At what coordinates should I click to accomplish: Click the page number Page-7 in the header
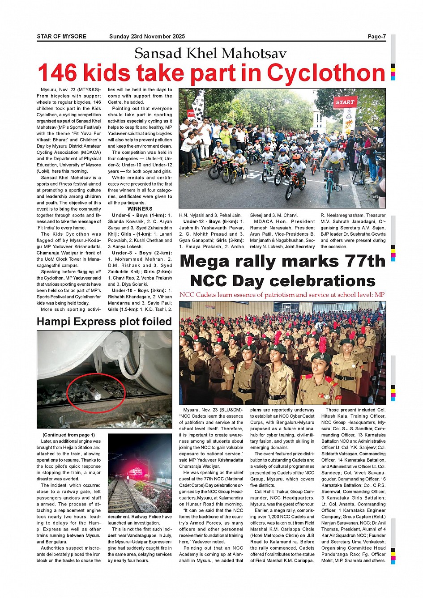pyautogui.click(x=376, y=37)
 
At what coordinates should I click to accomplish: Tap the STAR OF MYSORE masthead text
pyautogui.click(x=61, y=37)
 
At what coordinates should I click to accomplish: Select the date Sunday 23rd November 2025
pyautogui.click(x=147, y=37)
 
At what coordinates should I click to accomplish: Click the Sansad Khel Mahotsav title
pyautogui.click(x=210, y=54)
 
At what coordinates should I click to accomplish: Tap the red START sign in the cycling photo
pyautogui.click(x=345, y=102)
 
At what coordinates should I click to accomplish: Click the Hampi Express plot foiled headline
pyautogui.click(x=104, y=322)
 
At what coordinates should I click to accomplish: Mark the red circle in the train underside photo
pyautogui.click(x=96, y=393)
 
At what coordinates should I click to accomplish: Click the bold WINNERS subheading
pyautogui.click(x=140, y=209)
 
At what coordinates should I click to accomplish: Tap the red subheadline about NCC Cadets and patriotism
pyautogui.click(x=282, y=295)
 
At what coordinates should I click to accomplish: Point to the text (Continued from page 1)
pyautogui.click(x=68, y=435)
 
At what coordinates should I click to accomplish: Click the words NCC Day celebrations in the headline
pyautogui.click(x=282, y=281)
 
